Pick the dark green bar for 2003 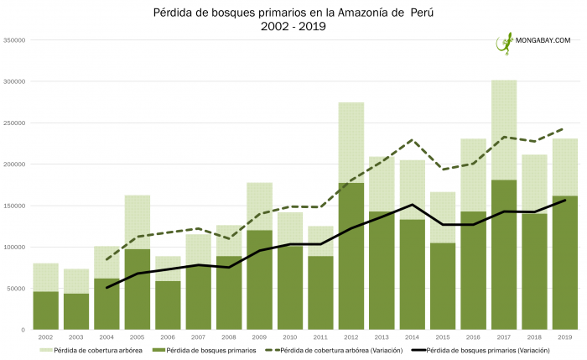pyautogui.click(x=76, y=311)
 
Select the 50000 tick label pyautogui.click(x=17, y=289)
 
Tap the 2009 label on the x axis pyautogui.click(x=259, y=337)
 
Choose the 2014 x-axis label pyautogui.click(x=412, y=337)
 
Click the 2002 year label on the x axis pyautogui.click(x=46, y=337)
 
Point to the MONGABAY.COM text pyautogui.click(x=543, y=40)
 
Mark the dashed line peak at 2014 pyautogui.click(x=412, y=140)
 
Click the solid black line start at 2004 pyautogui.click(x=106, y=288)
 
